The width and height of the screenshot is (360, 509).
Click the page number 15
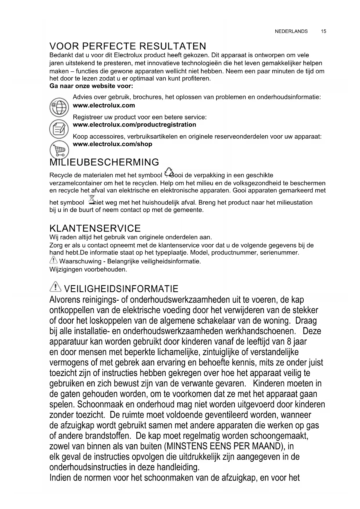coord(323,31)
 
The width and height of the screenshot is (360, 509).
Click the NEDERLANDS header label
coord(291,31)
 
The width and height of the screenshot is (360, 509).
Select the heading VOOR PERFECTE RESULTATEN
coord(128,46)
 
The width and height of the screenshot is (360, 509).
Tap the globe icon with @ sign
coord(59,107)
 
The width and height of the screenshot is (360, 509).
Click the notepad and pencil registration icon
coord(59,129)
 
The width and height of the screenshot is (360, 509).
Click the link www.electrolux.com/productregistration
coord(134,125)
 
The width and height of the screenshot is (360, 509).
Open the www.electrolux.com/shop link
coord(112,144)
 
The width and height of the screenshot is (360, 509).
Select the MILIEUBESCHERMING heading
coord(104,162)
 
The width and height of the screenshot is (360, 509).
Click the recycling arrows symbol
coord(169,172)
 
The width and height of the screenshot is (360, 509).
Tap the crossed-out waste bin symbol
coord(91,201)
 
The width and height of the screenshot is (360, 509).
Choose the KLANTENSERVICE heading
coord(95,228)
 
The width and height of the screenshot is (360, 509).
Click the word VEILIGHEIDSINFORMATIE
coord(121,289)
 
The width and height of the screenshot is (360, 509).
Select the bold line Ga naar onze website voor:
coord(91,86)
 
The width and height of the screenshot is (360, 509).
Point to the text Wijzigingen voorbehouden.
coord(88,269)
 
